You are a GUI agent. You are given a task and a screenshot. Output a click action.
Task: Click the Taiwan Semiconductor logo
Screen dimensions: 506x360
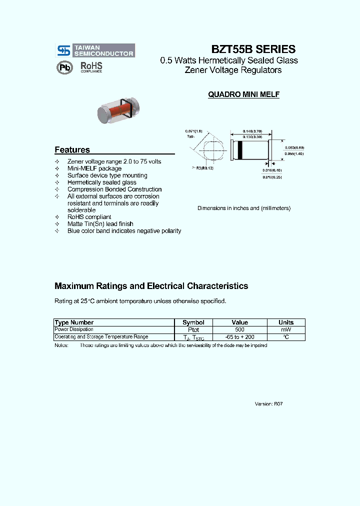pyautogui.click(x=94, y=50)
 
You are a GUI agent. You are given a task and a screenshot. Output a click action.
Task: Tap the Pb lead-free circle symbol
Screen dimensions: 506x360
pyautogui.click(x=64, y=67)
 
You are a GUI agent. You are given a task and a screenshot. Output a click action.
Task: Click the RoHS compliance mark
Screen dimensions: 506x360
pyautogui.click(x=91, y=67)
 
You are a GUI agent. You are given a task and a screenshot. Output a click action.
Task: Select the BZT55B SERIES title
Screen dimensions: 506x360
pyautogui.click(x=253, y=49)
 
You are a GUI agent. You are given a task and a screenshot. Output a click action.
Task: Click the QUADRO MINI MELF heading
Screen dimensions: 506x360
pyautogui.click(x=243, y=94)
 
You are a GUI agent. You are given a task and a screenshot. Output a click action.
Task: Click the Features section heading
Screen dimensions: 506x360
pyautogui.click(x=72, y=150)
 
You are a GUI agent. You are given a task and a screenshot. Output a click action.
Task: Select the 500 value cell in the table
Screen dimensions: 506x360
pyautogui.click(x=239, y=330)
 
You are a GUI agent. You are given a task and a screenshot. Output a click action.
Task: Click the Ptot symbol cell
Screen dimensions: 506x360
pyautogui.click(x=193, y=330)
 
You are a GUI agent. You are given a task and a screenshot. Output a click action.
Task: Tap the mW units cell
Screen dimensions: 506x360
pyautogui.click(x=285, y=330)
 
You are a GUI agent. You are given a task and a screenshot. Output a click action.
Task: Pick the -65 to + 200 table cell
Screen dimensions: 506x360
pyautogui.click(x=239, y=337)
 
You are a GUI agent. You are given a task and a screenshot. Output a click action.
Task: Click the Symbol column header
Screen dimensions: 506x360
pyautogui.click(x=193, y=322)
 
